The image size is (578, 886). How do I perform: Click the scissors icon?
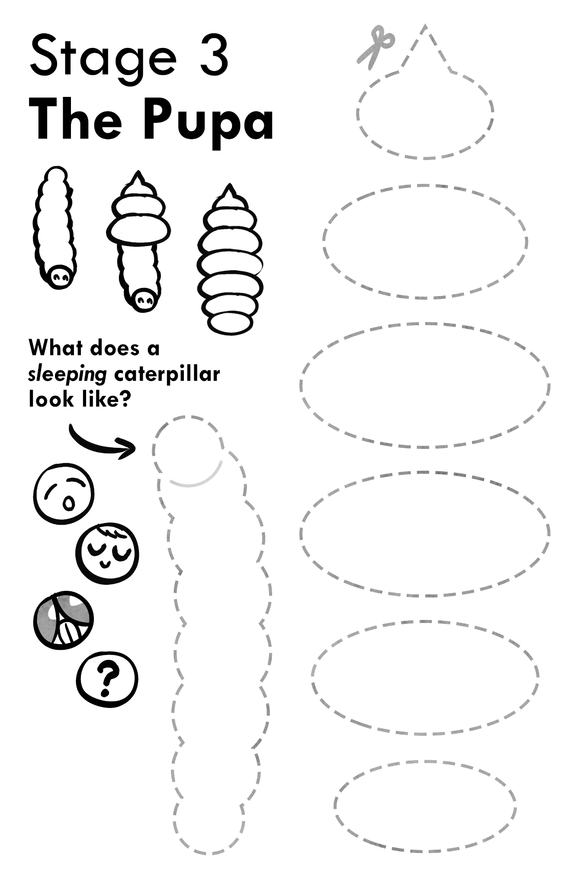tap(376, 47)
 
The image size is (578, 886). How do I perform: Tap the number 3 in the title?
tap(213, 56)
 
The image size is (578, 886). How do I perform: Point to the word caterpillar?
tap(167, 374)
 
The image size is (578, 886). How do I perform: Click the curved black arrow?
tap(102, 442)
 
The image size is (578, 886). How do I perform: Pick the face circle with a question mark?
tap(107, 678)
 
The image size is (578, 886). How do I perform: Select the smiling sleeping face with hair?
tap(107, 555)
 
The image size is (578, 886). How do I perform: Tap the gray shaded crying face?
tap(63, 620)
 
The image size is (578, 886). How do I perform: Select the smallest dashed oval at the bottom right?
tap(425, 806)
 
